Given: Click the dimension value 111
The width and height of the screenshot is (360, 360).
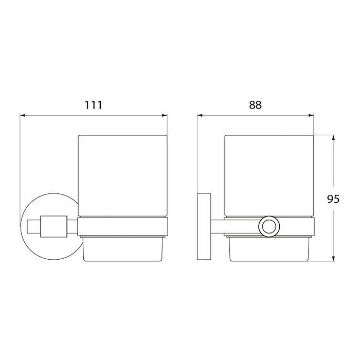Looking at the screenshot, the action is click(x=93, y=105).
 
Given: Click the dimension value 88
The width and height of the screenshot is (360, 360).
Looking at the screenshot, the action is click(x=255, y=105).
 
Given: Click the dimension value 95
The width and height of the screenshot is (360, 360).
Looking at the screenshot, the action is click(x=333, y=199).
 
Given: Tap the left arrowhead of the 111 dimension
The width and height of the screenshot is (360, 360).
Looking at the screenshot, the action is click(x=23, y=115).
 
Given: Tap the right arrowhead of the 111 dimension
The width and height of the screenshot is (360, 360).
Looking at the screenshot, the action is click(x=165, y=115).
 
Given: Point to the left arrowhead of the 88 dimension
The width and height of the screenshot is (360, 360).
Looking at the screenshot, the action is click(x=200, y=115).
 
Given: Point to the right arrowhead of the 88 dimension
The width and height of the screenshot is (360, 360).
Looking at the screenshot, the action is click(x=311, y=115).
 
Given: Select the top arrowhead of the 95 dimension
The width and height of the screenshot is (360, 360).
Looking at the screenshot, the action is click(x=333, y=138).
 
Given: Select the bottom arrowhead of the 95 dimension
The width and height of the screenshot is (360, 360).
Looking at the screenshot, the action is click(x=333, y=258).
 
